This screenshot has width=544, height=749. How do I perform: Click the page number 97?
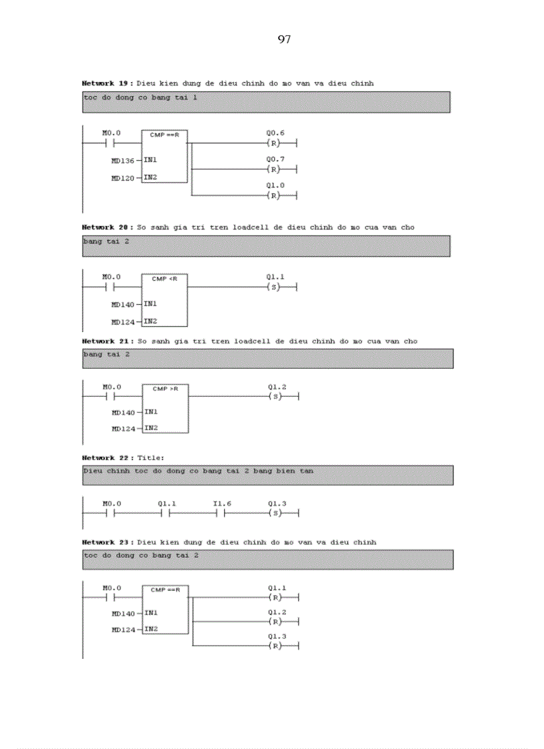pyautogui.click(x=284, y=40)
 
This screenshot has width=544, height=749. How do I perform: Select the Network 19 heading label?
pyautogui.click(x=107, y=83)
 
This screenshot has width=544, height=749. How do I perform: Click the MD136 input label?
pyautogui.click(x=123, y=161)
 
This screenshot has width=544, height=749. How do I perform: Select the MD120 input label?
pyautogui.click(x=123, y=178)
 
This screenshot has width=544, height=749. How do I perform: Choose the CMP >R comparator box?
pyautogui.click(x=165, y=408)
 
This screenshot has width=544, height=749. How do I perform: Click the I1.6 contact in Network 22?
pyautogui.click(x=222, y=514)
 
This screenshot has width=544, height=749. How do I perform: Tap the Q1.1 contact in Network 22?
pyautogui.click(x=167, y=514)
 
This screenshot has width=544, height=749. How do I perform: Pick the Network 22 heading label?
pyautogui.click(x=107, y=458)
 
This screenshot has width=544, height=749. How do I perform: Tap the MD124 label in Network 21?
pyautogui.click(x=123, y=429)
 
